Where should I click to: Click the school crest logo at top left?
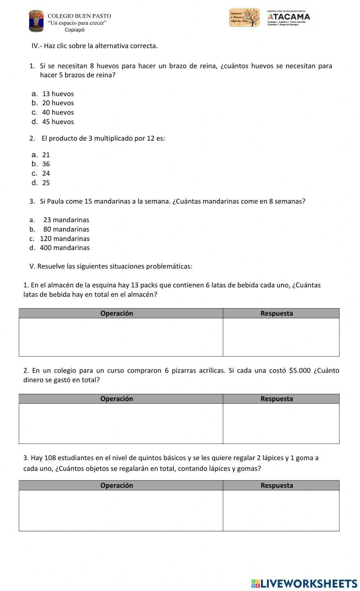(x=36, y=21)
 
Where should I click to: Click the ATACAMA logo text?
(x=289, y=17)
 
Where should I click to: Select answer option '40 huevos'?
(x=58, y=113)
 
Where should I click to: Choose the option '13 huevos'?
(x=58, y=94)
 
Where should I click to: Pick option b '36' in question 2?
(x=46, y=164)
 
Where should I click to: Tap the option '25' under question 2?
(x=46, y=183)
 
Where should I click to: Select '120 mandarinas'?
(x=64, y=238)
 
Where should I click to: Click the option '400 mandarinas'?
(x=64, y=248)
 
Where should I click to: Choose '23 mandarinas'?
(x=66, y=220)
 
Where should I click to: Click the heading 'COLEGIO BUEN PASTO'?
(x=79, y=16)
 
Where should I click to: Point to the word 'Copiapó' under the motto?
(x=75, y=30)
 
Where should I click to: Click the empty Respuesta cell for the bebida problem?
(x=281, y=337)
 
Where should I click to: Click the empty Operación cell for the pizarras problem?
(x=121, y=423)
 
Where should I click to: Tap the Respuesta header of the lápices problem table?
(x=276, y=485)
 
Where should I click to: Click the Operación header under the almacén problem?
(x=117, y=313)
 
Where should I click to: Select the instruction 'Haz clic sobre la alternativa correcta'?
(x=100, y=46)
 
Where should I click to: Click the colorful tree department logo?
(x=244, y=18)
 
